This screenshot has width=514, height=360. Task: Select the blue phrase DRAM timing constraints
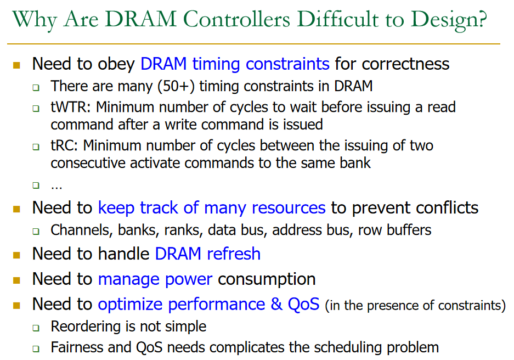(x=235, y=64)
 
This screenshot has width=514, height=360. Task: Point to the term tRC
(x=64, y=146)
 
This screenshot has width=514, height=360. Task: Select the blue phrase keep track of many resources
(x=212, y=207)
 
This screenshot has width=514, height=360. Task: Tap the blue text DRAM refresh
(x=207, y=254)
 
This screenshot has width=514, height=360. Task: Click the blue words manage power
(x=155, y=279)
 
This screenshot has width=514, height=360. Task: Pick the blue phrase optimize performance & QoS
(x=208, y=304)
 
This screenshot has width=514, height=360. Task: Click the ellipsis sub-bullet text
(x=57, y=185)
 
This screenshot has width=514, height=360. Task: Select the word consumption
(x=267, y=279)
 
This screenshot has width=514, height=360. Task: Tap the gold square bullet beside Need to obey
(x=16, y=65)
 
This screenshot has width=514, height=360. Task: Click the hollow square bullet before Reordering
(x=36, y=328)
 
